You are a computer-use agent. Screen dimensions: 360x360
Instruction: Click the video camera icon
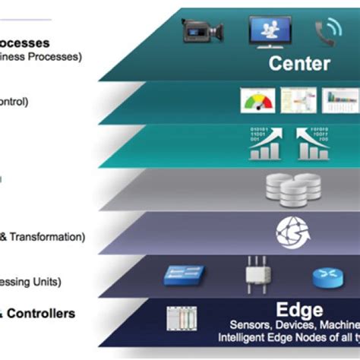click(x=202, y=31)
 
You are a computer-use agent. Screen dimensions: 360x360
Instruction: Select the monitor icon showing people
click(x=270, y=30)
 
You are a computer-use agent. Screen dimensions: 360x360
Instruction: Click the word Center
click(x=299, y=63)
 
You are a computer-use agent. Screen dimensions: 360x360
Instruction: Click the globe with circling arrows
click(x=291, y=231)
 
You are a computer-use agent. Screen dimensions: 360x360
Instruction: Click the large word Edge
click(x=299, y=310)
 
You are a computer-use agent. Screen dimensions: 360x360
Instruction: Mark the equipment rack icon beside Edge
click(x=180, y=318)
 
